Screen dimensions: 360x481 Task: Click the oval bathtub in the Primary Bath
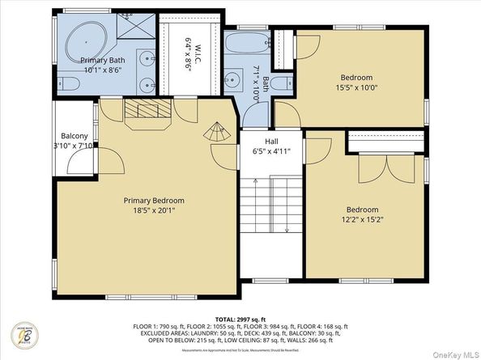point(81,38)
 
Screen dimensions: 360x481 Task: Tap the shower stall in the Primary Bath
point(135,31)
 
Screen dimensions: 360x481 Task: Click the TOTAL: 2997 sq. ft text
point(240,319)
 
